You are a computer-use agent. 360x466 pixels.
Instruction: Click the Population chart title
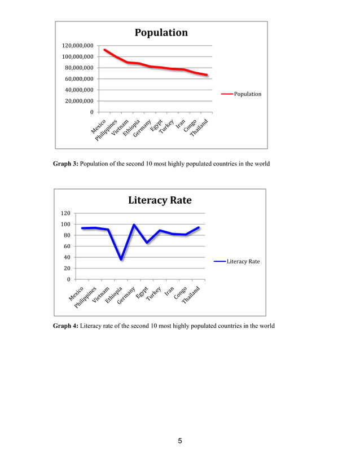click(161, 33)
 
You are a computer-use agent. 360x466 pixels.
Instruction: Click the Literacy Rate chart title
click(160, 200)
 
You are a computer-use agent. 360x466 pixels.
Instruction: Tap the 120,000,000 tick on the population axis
click(78, 46)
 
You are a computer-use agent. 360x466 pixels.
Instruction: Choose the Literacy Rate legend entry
click(243, 261)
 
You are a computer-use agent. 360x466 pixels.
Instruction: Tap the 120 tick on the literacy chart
click(65, 213)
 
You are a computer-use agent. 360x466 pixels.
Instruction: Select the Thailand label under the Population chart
click(200, 129)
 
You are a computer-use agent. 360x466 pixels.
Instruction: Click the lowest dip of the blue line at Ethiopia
click(121, 259)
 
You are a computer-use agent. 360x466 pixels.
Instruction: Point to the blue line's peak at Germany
click(134, 225)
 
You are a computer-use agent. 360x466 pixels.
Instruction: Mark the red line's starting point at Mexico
click(104, 50)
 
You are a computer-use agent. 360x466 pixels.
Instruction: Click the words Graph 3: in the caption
click(65, 164)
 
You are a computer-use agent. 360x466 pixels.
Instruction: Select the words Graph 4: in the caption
click(65, 326)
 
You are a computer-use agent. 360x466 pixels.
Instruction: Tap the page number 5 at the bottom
click(180, 441)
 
